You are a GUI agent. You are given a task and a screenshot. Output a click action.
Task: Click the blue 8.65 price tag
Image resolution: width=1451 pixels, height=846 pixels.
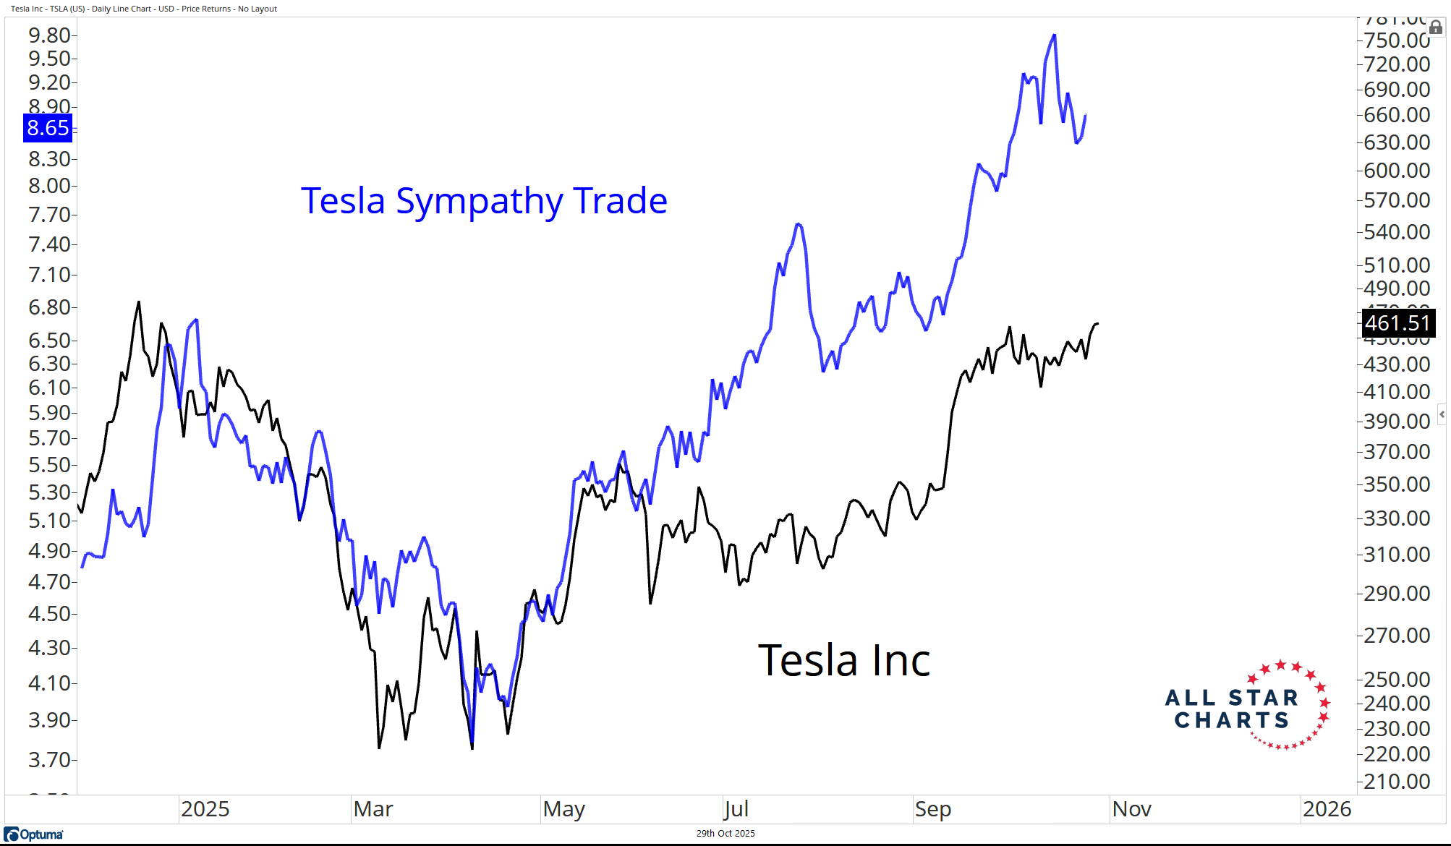(x=48, y=128)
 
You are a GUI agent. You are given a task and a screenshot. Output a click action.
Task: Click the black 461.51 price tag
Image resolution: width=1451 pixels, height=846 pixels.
(x=1397, y=323)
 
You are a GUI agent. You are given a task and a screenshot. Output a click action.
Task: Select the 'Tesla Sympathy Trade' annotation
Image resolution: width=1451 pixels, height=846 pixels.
(x=484, y=200)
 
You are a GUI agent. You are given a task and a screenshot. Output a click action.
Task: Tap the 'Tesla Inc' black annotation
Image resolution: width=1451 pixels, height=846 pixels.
(x=843, y=660)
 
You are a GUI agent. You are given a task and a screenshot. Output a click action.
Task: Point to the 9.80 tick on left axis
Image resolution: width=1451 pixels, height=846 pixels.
(x=49, y=35)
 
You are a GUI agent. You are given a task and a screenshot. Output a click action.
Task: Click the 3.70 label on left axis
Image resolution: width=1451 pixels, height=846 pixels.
(x=49, y=759)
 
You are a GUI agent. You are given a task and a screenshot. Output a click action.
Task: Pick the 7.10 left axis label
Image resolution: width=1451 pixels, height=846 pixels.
(x=49, y=275)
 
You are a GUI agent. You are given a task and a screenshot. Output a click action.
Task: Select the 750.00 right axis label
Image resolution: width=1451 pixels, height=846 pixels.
(x=1397, y=40)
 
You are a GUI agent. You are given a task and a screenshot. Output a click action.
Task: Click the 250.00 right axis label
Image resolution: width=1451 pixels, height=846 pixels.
(x=1397, y=680)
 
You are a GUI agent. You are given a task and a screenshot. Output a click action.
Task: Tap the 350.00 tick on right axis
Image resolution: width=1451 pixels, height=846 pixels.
(x=1397, y=484)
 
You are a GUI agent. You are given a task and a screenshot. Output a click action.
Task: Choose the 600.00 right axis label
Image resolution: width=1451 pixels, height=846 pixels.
(x=1397, y=171)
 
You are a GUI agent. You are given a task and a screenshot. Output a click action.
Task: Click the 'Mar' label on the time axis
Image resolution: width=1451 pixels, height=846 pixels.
(x=373, y=809)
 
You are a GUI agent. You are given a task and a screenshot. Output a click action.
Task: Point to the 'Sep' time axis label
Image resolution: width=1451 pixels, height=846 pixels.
(x=932, y=809)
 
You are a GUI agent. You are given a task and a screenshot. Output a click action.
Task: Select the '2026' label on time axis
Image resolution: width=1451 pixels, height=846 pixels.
(x=1327, y=809)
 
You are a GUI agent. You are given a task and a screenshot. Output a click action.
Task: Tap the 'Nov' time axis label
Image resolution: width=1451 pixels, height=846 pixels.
(x=1131, y=809)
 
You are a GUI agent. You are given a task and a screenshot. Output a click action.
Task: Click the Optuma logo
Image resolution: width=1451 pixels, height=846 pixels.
(x=34, y=834)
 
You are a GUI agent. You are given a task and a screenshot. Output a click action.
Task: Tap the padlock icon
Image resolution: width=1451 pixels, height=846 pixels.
(x=1436, y=27)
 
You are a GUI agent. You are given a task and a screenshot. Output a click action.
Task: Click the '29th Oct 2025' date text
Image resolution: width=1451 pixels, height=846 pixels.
(x=725, y=834)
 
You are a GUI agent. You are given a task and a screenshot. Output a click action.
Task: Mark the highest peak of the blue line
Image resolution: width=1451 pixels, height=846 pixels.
(x=1054, y=35)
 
